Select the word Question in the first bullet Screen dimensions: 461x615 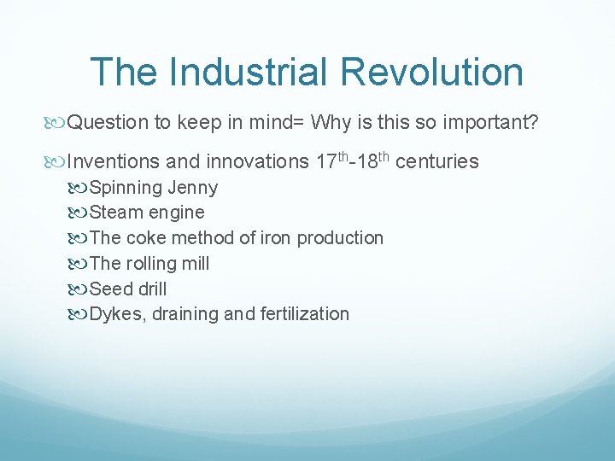coord(108,122)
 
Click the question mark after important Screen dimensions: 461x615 coord(533,122)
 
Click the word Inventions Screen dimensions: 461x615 coord(114,161)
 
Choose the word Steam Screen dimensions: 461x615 coord(116,213)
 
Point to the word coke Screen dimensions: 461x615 coord(147,238)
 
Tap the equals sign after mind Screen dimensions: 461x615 coord(300,123)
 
